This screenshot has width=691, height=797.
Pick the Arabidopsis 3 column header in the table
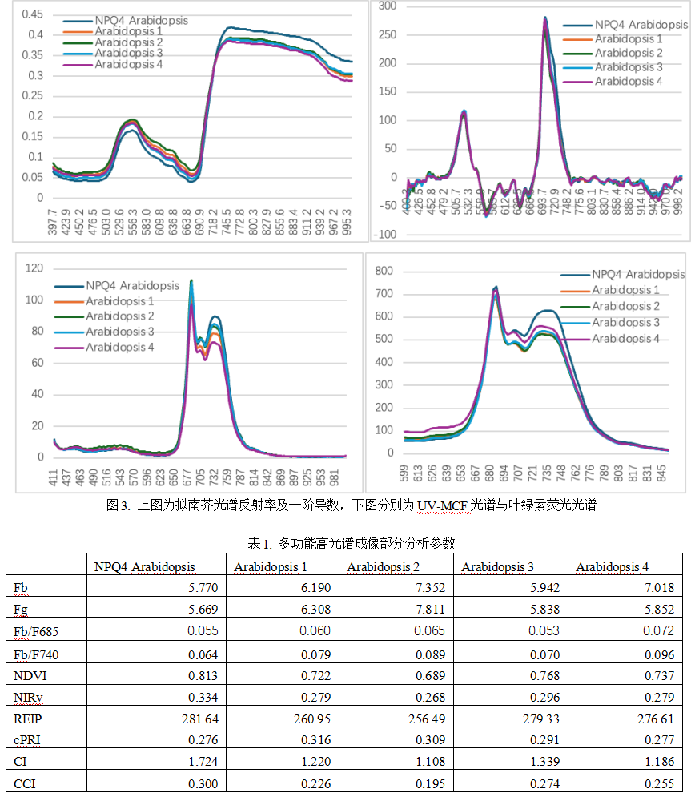click(x=497, y=567)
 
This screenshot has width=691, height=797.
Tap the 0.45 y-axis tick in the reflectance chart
click(x=33, y=14)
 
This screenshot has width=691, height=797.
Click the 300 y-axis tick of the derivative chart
click(x=388, y=6)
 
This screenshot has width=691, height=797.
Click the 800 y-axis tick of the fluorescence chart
click(x=385, y=272)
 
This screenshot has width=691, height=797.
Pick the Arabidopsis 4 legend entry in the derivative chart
click(x=629, y=81)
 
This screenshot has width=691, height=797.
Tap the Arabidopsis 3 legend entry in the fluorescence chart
click(x=625, y=322)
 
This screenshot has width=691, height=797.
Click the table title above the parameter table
click(x=345, y=543)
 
